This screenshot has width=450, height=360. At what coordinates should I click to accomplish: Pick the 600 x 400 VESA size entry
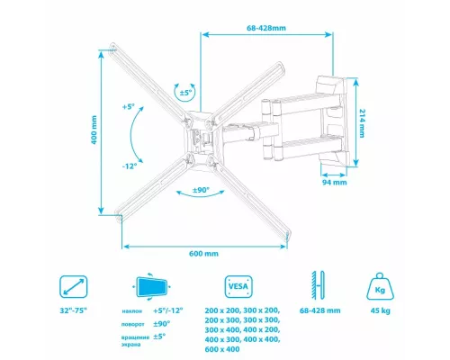(223, 349)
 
